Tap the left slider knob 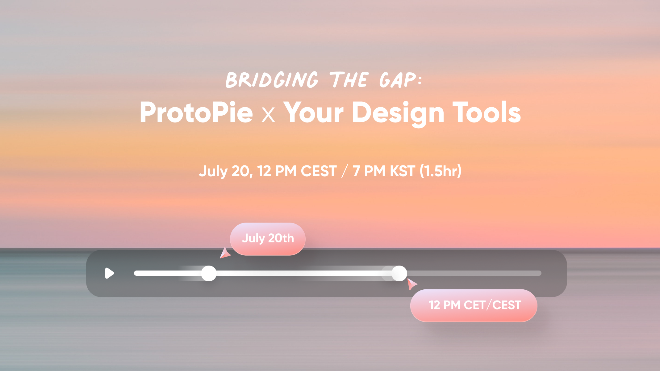click(209, 273)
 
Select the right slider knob click(399, 273)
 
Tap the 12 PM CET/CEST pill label click(474, 305)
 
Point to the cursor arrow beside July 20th click(225, 253)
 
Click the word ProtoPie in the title click(196, 113)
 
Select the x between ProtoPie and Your click(268, 115)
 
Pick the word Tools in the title click(487, 112)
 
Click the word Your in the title click(314, 112)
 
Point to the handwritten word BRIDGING click(272, 80)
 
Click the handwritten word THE click(349, 80)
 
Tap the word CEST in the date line click(319, 171)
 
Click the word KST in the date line click(402, 171)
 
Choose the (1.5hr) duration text click(441, 171)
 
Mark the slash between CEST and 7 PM click(345, 171)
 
